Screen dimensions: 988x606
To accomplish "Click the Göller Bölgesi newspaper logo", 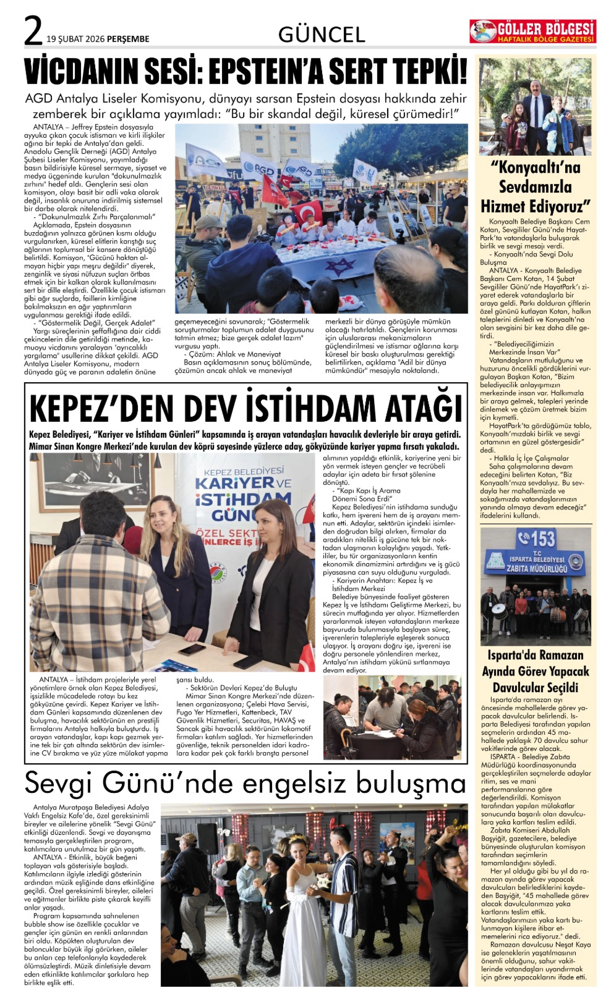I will pos(533,32).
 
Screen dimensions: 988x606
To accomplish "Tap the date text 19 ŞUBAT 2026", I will pos(75,39).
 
